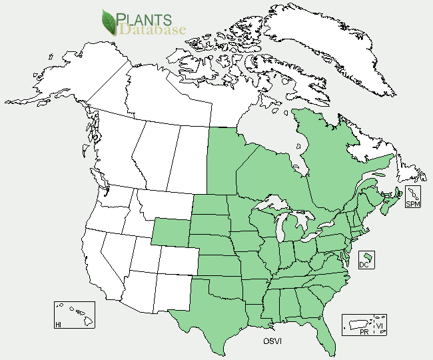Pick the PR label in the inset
click(364, 331)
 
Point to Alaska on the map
click(60, 73)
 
